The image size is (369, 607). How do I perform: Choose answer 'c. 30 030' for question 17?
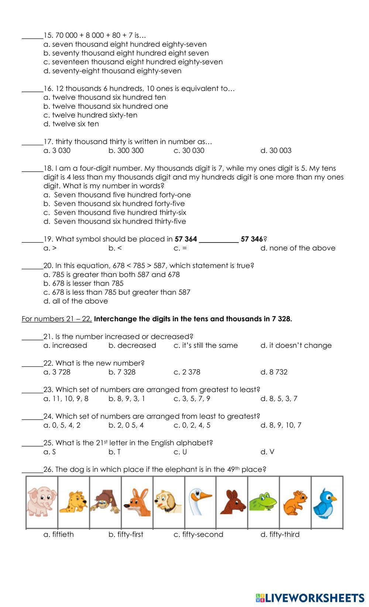click(x=189, y=151)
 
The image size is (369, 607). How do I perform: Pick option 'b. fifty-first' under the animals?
click(x=126, y=534)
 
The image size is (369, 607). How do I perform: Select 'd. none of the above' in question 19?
click(x=298, y=248)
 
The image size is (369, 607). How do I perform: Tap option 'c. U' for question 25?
click(x=180, y=452)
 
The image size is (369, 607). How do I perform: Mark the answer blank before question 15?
click(x=32, y=36)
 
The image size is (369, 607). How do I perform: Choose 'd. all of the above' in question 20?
click(x=76, y=301)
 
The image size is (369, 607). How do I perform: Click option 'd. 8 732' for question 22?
click(x=274, y=372)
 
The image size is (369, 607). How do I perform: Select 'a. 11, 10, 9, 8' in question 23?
click(x=66, y=399)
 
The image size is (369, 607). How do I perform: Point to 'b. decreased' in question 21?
click(x=132, y=346)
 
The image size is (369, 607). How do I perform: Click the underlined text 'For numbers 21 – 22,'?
click(x=56, y=319)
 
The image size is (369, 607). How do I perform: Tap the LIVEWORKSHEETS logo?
click(x=310, y=597)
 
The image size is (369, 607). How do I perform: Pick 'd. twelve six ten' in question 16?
click(x=71, y=124)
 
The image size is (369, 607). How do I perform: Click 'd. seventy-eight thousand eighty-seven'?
click(x=113, y=71)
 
